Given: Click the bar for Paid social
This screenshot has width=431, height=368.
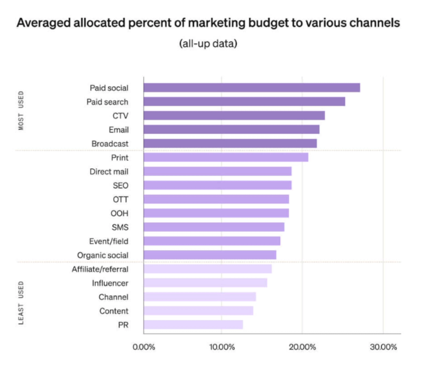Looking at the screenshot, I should click(252, 88).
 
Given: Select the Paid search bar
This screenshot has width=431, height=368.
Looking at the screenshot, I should click(244, 102).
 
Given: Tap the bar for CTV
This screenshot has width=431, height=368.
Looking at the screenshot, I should click(234, 115).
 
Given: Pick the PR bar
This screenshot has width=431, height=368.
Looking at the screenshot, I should click(193, 325).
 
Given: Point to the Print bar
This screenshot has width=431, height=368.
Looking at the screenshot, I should click(226, 157).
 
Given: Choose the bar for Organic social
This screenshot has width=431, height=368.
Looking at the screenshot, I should click(210, 255).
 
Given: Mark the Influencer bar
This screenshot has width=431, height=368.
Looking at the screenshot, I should click(205, 283).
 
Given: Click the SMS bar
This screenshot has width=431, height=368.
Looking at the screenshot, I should click(214, 227).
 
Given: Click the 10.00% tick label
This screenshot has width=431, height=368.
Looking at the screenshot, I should click(221, 347).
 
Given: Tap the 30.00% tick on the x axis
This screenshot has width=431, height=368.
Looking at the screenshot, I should click(383, 347).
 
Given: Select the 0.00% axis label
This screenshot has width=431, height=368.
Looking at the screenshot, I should click(144, 347).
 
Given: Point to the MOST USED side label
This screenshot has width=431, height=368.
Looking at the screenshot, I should click(21, 111).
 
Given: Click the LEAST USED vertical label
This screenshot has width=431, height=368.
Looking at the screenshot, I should click(21, 302).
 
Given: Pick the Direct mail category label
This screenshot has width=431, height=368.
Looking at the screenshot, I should click(109, 171).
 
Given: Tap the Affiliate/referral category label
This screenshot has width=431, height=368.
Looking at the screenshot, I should click(100, 269).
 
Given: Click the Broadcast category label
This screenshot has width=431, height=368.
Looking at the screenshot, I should click(110, 144).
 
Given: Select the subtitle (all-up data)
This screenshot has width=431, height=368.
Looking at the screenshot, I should click(208, 43).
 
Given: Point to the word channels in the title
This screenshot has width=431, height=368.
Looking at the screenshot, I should click(373, 23).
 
